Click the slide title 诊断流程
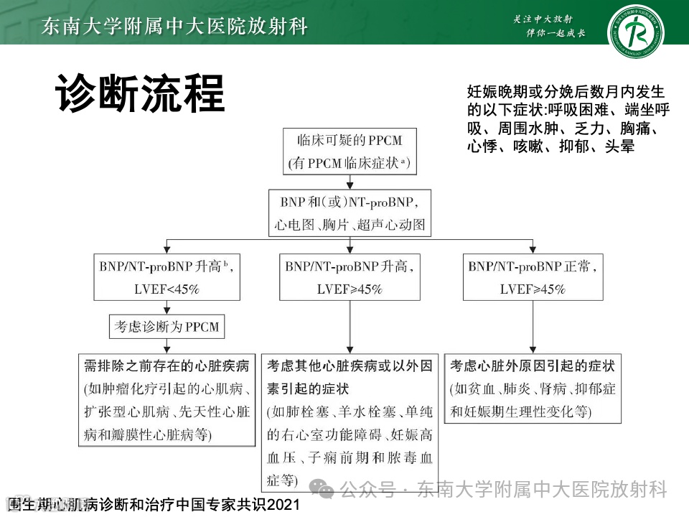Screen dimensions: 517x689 coord(140,93)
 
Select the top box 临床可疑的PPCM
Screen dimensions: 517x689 coord(349,152)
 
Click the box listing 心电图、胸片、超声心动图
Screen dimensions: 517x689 coord(349,212)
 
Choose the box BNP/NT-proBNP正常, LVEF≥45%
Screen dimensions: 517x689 coord(533,277)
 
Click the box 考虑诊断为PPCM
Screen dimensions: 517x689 coord(166,327)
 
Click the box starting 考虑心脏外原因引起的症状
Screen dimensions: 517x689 coord(533,388)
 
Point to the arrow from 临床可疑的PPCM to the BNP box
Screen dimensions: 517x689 coord(349,181)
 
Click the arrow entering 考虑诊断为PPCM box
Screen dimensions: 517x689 coord(166,309)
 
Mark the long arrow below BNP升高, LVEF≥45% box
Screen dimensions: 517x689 coord(350,327)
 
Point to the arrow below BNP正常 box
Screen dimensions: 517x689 coord(533,327)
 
